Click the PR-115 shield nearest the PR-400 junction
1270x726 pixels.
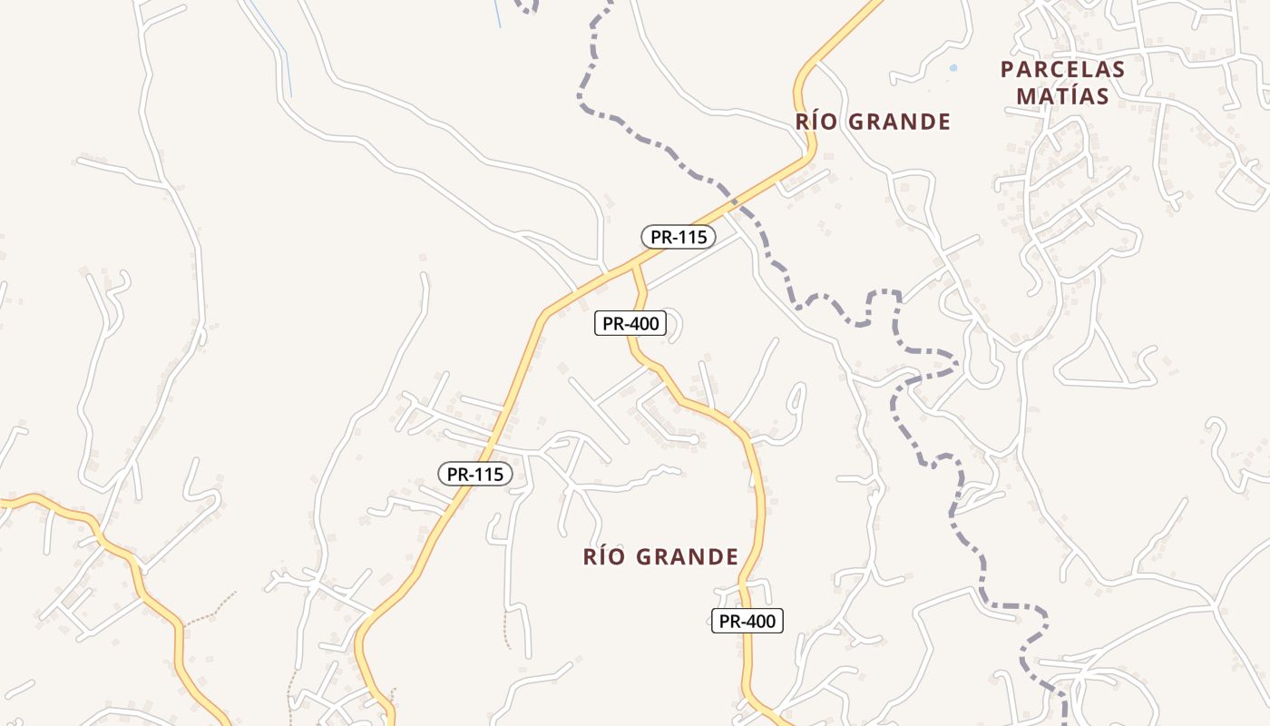click(x=679, y=237)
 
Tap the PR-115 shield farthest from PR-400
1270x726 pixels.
click(x=474, y=474)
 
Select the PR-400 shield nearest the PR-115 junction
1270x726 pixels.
click(x=630, y=323)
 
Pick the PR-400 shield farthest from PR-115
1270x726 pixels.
click(x=746, y=621)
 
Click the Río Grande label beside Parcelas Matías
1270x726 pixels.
click(x=873, y=122)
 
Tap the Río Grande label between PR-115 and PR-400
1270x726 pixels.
click(x=660, y=556)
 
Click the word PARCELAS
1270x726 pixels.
click(x=1062, y=70)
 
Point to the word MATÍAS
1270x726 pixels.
click(x=1062, y=96)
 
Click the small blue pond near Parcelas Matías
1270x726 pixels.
click(x=952, y=68)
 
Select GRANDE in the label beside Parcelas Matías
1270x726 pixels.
click(x=902, y=122)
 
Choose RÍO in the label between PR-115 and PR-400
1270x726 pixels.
click(x=605, y=556)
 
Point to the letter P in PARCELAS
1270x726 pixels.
click(x=1007, y=70)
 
